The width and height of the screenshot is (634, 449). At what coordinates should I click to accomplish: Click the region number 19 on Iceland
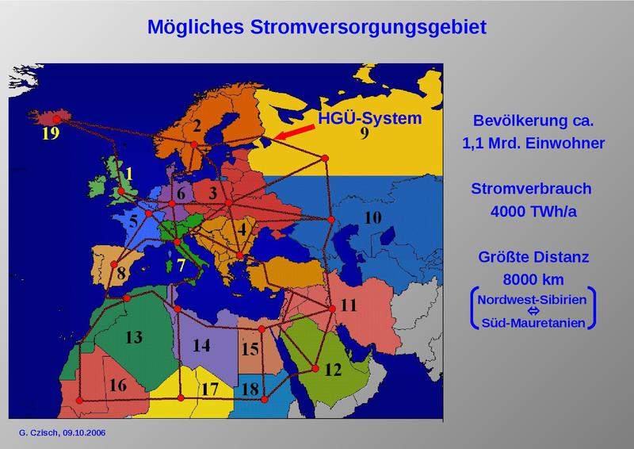(51, 133)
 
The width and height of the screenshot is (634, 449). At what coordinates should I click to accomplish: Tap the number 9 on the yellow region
(364, 133)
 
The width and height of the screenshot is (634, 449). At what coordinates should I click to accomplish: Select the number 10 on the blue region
(372, 217)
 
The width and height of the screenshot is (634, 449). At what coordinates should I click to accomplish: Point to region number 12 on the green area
(333, 369)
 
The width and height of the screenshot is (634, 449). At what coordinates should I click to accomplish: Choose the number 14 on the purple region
(201, 346)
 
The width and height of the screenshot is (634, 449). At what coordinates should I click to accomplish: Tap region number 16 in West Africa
(118, 386)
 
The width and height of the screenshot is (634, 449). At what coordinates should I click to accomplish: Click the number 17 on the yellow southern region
(209, 390)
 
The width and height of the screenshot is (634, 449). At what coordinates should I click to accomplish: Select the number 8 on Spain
(121, 276)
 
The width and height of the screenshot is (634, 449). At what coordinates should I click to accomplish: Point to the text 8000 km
(532, 280)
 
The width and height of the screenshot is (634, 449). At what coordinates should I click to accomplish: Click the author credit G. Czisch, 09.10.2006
(62, 433)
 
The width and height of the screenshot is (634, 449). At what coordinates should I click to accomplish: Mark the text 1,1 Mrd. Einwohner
(532, 144)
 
